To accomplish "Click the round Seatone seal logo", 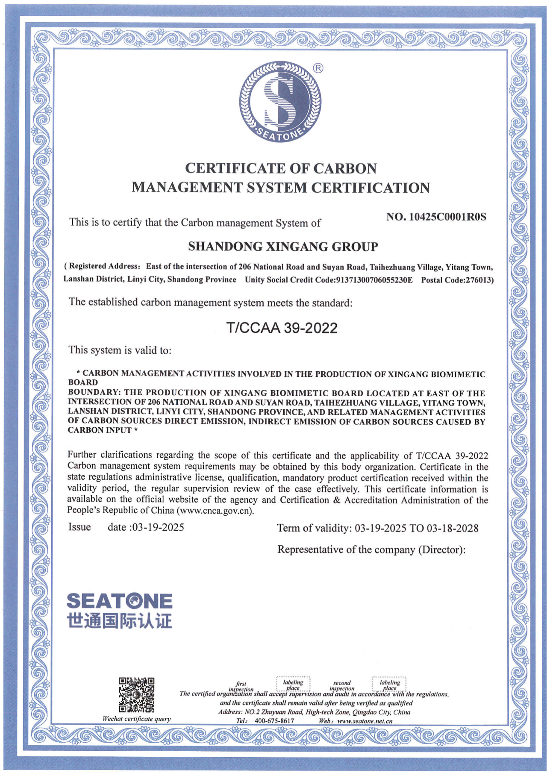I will pyautogui.click(x=280, y=102).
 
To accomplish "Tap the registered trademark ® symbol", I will pyautogui.click(x=318, y=68).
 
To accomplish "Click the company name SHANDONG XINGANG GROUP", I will pyautogui.click(x=283, y=247).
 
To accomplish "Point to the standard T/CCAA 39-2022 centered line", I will pyautogui.click(x=282, y=328).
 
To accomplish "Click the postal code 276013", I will pyautogui.click(x=478, y=280).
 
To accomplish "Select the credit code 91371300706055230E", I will pyautogui.click(x=375, y=280).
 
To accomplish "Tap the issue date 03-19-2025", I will pyautogui.click(x=158, y=527).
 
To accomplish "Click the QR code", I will pyautogui.click(x=136, y=695).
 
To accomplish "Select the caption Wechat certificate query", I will pyautogui.click(x=136, y=719).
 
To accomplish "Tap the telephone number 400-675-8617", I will pyautogui.click(x=274, y=721).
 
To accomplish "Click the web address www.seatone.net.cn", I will pyautogui.click(x=365, y=721).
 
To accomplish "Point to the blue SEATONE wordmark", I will pyautogui.click(x=119, y=601).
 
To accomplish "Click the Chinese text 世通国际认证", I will pyautogui.click(x=119, y=621).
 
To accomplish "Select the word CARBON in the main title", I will pyautogui.click(x=345, y=168).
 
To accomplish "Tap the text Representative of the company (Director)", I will pyautogui.click(x=371, y=550).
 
